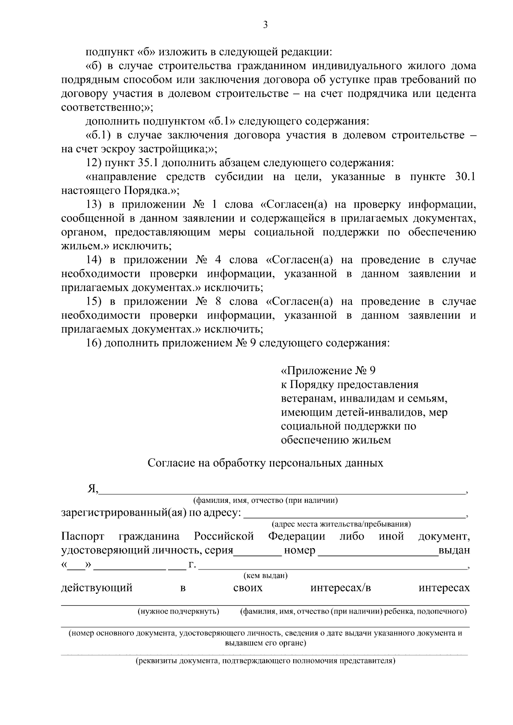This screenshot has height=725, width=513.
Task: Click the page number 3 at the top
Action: pyautogui.click(x=265, y=25)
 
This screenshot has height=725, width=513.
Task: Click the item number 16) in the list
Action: pyautogui.click(x=94, y=343)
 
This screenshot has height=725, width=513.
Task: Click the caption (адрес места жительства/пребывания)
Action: pyautogui.click(x=341, y=524)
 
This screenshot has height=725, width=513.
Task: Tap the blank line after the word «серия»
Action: pyautogui.click(x=257, y=551)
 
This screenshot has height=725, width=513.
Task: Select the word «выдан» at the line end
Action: pyautogui.click(x=454, y=551)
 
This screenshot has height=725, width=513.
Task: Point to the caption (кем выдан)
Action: pyautogui.click(x=265, y=575)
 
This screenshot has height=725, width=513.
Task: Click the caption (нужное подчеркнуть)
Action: pyautogui.click(x=178, y=611)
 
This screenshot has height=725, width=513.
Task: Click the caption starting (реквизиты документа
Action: pyautogui.click(x=265, y=661)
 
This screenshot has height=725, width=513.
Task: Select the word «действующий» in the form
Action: pyautogui.click(x=97, y=588)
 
